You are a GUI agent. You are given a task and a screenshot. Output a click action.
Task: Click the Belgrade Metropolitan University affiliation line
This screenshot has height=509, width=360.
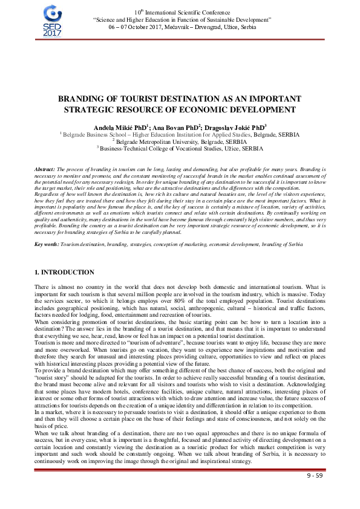click(x=180, y=141)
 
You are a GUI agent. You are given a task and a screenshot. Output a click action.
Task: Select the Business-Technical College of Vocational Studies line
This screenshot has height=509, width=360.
click(x=182, y=148)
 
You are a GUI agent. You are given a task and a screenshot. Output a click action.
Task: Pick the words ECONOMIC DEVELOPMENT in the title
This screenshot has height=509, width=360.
click(x=232, y=109)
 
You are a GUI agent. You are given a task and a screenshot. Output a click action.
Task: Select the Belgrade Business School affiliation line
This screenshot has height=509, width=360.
click(x=180, y=134)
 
